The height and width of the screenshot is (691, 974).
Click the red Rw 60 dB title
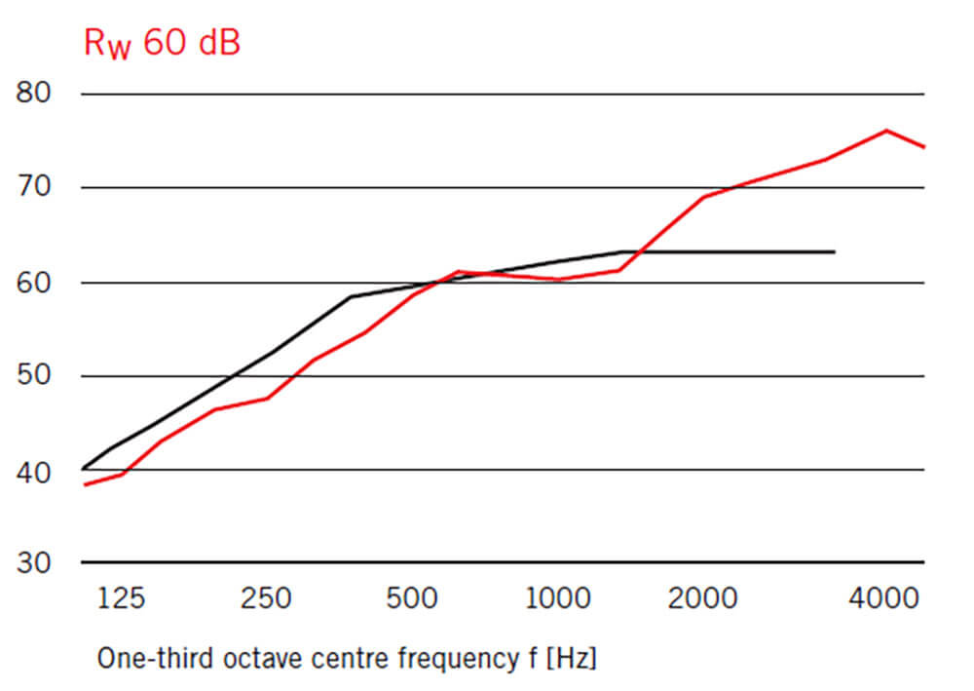pyautogui.click(x=161, y=44)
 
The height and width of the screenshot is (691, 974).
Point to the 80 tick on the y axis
pyautogui.click(x=35, y=94)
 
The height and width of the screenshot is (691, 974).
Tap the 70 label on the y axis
pyautogui.click(x=35, y=187)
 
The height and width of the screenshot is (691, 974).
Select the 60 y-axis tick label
pyautogui.click(x=35, y=283)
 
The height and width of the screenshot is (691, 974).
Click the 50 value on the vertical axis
pyautogui.click(x=35, y=376)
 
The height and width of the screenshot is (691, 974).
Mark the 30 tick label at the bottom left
pyautogui.click(x=35, y=563)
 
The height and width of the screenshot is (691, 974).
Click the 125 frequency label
pyautogui.click(x=121, y=597)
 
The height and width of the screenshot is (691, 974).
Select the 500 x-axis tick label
pyautogui.click(x=412, y=597)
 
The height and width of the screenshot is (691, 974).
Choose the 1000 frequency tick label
pyautogui.click(x=558, y=597)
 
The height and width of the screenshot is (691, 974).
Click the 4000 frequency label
pyautogui.click(x=884, y=597)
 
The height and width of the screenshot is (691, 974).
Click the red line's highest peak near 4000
pyautogui.click(x=886, y=130)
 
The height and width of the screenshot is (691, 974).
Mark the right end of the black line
pyautogui.click(x=835, y=251)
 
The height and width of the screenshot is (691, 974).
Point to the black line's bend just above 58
pyautogui.click(x=352, y=296)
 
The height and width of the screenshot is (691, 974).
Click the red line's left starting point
pyautogui.click(x=84, y=484)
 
